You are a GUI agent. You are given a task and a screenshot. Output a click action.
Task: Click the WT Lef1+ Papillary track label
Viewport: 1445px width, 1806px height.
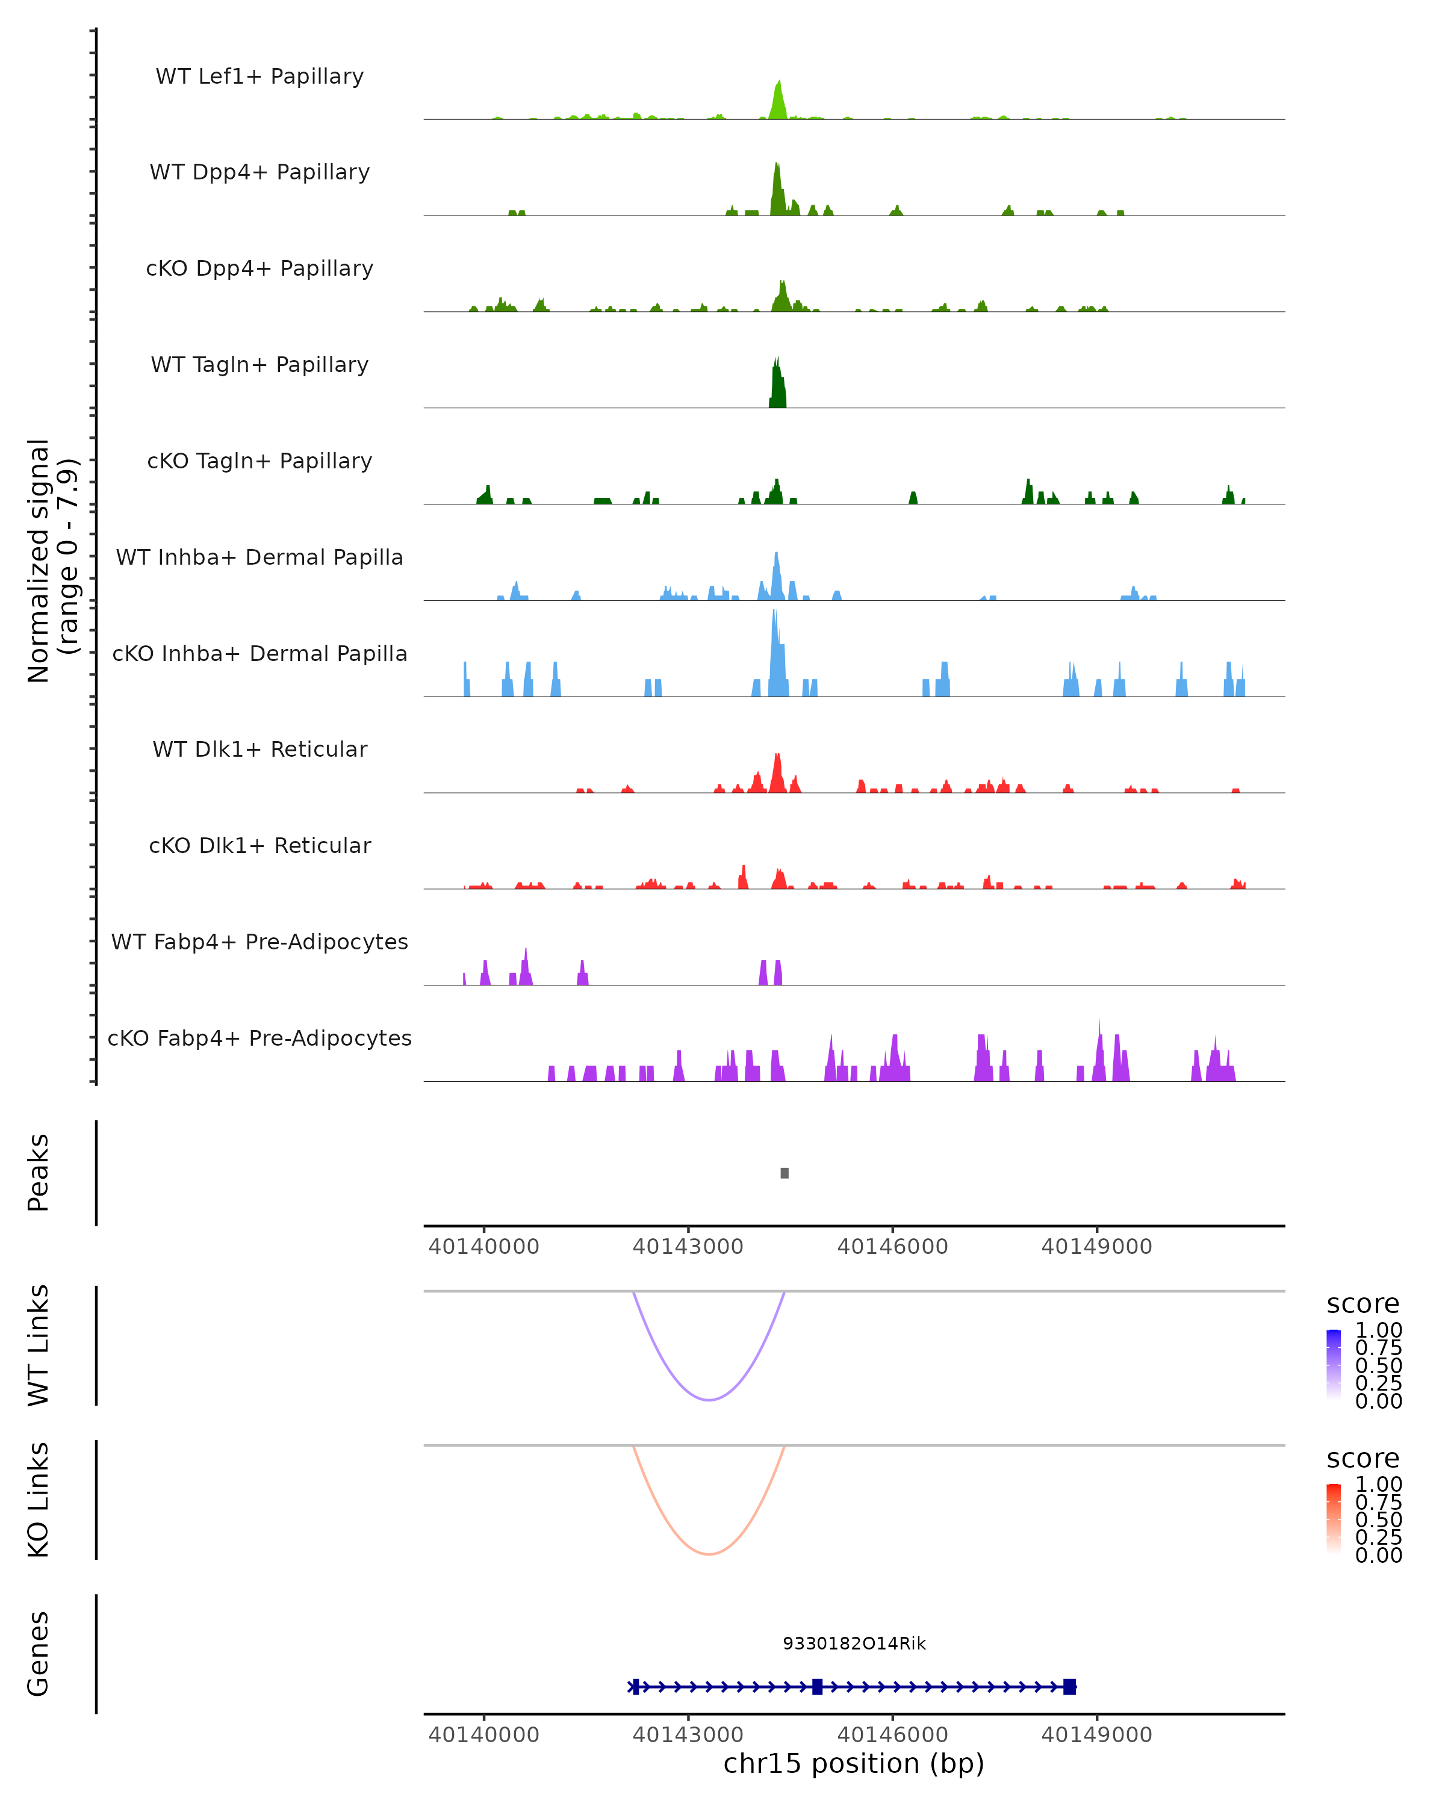point(259,76)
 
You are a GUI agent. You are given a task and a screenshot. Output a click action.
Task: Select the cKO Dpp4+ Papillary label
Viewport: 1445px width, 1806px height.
point(259,268)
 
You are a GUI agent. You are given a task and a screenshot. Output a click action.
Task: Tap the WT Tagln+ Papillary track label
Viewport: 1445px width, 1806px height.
point(259,364)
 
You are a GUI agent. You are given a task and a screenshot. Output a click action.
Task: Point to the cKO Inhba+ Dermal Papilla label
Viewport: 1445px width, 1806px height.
point(259,653)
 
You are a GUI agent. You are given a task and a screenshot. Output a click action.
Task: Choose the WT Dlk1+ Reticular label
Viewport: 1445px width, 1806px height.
point(259,749)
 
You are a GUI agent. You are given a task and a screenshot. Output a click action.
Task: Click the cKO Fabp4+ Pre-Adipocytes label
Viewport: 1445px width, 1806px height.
point(259,1038)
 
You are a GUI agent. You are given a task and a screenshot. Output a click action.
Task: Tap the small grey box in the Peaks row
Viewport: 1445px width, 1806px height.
point(784,1173)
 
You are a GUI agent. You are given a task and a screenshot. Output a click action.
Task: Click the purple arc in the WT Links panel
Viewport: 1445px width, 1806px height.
point(709,1400)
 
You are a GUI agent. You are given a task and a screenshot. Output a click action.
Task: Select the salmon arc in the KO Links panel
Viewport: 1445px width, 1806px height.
point(709,1554)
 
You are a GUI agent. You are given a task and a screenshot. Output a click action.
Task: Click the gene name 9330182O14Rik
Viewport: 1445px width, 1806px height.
point(854,1643)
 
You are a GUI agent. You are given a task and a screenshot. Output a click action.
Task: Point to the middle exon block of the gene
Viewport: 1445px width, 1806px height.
point(817,1686)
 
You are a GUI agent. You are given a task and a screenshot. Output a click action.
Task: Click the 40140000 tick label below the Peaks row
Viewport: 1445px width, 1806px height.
point(483,1247)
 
